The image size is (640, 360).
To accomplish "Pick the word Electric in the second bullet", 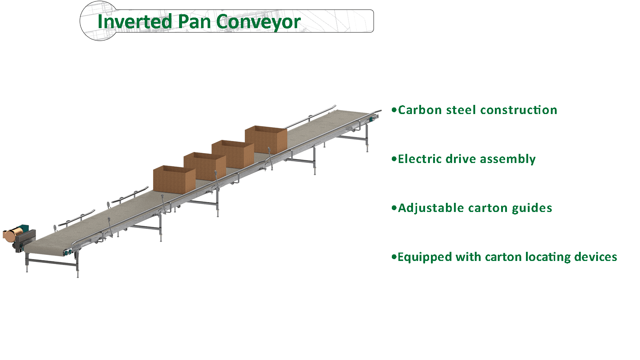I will tap(420, 159).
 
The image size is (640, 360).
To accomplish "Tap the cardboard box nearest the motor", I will tap(173, 179).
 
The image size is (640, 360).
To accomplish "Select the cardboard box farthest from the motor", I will tap(266, 139).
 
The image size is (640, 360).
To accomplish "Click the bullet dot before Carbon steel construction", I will tap(394, 110).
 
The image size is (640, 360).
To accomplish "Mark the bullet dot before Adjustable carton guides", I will tap(394, 208).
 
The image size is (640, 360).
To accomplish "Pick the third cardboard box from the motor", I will tap(232, 152).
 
